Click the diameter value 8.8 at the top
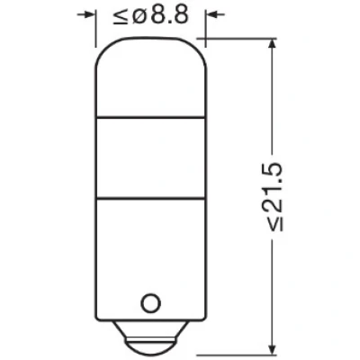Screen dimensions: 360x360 point(169,15)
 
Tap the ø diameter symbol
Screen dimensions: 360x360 point(139,15)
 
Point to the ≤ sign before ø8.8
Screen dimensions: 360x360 point(121,15)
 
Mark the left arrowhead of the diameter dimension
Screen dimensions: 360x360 point(89,14)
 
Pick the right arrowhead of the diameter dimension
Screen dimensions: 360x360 point(211,14)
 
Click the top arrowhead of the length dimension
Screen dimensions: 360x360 point(272,44)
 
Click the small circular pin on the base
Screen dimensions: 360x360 point(150,303)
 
